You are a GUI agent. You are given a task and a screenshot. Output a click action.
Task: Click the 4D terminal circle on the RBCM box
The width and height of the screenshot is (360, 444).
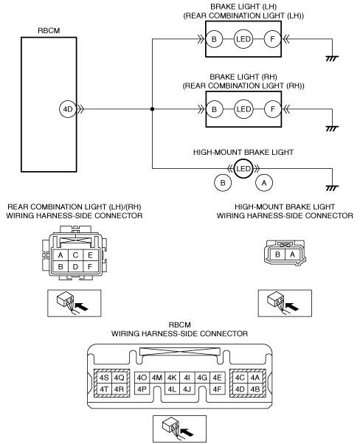pos(68,109)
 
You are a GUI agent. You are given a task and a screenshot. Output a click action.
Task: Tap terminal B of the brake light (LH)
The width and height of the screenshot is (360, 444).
pos(214,39)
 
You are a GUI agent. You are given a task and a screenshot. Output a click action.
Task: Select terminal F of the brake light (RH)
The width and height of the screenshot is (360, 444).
pos(273,109)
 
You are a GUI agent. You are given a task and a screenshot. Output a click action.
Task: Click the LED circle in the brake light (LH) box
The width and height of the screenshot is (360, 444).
pos(243,39)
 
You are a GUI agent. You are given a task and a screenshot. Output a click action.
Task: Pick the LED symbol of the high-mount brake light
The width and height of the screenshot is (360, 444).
pos(243,169)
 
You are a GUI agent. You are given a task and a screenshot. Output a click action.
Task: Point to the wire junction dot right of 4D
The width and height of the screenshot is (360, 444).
pos(153,109)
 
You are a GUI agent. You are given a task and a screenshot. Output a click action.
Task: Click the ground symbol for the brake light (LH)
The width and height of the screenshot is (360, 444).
pos(332,58)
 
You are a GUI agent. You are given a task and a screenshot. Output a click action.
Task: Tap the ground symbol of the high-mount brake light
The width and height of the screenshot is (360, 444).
pos(332,188)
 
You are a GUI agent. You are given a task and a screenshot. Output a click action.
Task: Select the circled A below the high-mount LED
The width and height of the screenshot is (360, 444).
pos(264,183)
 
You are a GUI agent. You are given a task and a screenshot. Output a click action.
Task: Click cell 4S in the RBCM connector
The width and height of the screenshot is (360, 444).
pos(104,378)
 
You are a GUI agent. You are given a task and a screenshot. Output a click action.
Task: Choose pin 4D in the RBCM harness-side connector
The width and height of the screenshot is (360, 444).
pos(240,389)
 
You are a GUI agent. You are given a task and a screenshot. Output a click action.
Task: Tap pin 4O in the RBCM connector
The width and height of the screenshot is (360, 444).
pos(142,378)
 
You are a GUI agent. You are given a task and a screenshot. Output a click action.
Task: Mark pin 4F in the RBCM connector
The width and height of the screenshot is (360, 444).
pos(217,389)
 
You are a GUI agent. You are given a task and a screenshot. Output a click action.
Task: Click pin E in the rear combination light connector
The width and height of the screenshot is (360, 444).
pos(90,255)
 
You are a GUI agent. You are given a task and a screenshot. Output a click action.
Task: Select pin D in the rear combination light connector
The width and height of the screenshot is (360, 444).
pos(75,267)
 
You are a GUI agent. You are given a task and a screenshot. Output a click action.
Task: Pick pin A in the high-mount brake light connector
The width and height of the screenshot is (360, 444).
pos(292,254)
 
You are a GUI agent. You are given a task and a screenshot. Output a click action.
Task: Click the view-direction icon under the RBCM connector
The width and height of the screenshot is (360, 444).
pos(179,429)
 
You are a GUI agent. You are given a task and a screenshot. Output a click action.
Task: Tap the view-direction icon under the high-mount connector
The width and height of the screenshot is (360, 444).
pos(285,303)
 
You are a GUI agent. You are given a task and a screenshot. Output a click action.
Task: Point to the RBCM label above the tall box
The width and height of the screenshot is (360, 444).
pos(49,30)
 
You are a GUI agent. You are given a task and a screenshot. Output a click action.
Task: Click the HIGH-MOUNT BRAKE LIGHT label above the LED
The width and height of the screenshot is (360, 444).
pos(243,153)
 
